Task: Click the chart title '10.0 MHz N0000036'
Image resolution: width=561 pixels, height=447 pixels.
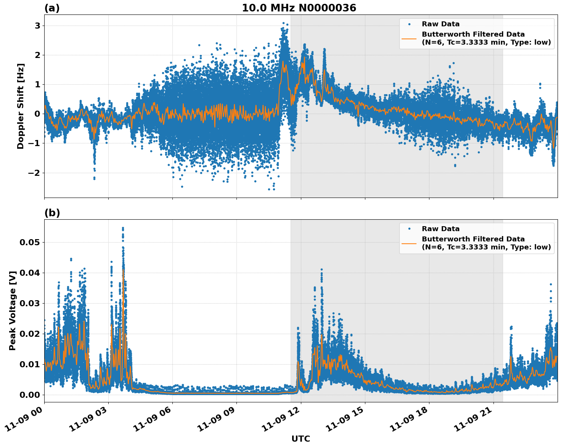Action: [x=299, y=8]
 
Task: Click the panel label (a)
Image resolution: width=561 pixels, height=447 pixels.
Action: [x=52, y=8]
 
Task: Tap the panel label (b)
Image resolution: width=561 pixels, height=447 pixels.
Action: [x=52, y=213]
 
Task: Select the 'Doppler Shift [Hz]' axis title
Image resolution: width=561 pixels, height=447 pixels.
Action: [x=21, y=106]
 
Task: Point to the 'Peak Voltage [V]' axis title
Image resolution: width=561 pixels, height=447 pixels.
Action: [x=13, y=310]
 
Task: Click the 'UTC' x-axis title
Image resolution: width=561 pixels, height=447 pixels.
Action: [x=301, y=439]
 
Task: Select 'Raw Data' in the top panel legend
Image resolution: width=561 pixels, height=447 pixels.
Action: [x=440, y=24]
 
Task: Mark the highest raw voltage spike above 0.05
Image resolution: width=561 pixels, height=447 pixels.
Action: [x=123, y=228]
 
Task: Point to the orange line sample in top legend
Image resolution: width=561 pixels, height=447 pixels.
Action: [x=409, y=38]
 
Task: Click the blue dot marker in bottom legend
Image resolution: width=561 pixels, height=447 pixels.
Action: [x=409, y=229]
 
